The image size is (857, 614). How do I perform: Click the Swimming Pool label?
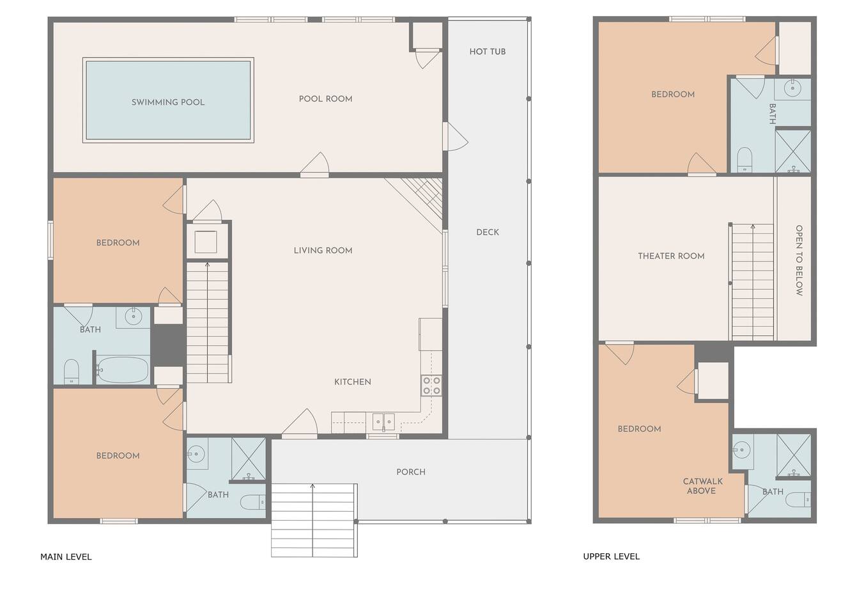168,102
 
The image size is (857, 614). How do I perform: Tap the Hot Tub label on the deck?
488,52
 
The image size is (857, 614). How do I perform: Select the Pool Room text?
325,98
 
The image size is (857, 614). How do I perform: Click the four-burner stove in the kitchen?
431,386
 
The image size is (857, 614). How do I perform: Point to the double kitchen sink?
383,422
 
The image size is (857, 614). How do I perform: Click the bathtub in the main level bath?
122,370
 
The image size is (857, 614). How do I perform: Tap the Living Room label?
323,250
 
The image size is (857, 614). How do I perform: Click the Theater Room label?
671,256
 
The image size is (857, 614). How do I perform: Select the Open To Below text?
799,260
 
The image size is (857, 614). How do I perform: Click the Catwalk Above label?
702,486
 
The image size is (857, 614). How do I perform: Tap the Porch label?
411,472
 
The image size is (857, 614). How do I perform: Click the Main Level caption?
66,556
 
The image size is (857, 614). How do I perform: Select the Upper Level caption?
611,556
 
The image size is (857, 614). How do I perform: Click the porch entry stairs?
314,520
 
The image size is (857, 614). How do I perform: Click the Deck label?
488,232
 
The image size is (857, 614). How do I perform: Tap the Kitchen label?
352,382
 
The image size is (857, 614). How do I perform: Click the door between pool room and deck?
455,136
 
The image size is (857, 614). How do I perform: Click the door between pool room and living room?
314,166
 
